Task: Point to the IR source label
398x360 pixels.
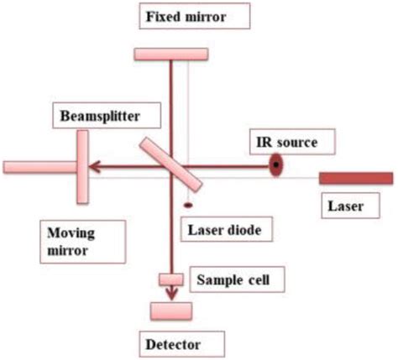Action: coord(286,142)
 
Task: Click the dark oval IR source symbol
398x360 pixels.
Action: coord(275,167)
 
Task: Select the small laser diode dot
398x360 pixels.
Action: coord(187,205)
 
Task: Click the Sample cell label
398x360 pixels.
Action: coord(233,276)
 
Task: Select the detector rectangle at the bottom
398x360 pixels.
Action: coord(171,310)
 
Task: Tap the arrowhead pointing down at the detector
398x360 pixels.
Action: coord(172,293)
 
